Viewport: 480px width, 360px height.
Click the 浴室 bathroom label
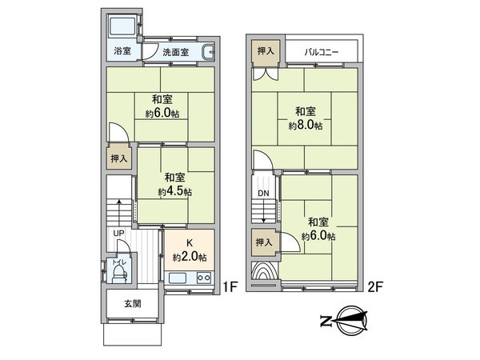[x=122, y=52]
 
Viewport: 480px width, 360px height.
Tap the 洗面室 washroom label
[x=175, y=53]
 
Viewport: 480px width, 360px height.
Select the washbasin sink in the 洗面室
[x=210, y=53]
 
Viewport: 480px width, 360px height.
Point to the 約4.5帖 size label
[x=174, y=192]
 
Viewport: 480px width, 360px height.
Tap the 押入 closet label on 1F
[x=118, y=159]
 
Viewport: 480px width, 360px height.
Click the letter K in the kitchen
[x=190, y=244]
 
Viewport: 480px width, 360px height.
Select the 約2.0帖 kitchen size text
[x=190, y=257]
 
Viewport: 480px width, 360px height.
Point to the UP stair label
[x=118, y=234]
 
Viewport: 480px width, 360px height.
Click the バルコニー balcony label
[x=322, y=52]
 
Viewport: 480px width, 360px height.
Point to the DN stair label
[x=263, y=194]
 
